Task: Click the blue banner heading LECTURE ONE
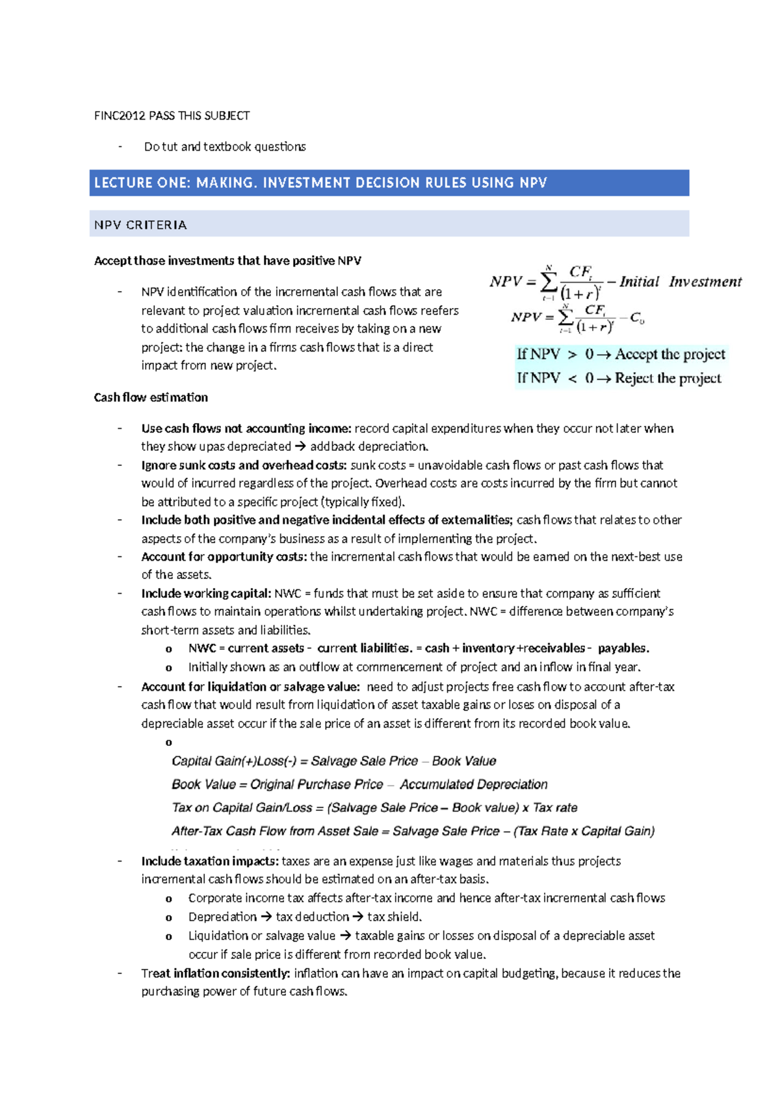point(320,183)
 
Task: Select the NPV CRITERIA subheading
point(140,225)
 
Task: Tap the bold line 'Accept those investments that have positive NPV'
point(227,261)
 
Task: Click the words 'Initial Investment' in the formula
point(680,281)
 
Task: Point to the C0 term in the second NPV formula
point(637,318)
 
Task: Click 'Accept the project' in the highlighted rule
point(669,354)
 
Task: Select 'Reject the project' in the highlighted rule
point(668,378)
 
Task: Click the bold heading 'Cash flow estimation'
point(151,397)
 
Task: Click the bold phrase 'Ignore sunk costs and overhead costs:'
point(244,465)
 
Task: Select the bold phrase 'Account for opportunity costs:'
point(224,557)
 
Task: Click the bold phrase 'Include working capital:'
point(205,593)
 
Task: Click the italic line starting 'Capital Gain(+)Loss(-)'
point(333,761)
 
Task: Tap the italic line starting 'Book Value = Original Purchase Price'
point(359,784)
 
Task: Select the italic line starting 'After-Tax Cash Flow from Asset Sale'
point(413,831)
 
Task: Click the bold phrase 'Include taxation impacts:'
point(210,861)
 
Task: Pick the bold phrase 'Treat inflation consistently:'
point(215,973)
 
